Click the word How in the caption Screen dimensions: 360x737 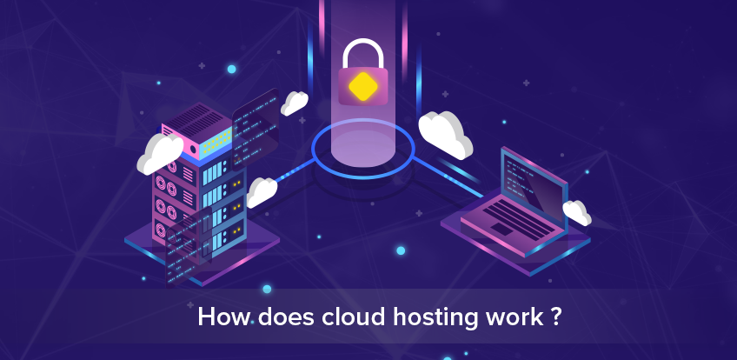tap(220, 317)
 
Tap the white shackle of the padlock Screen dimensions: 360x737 tap(362, 53)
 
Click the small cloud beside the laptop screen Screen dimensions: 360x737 tap(576, 211)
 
